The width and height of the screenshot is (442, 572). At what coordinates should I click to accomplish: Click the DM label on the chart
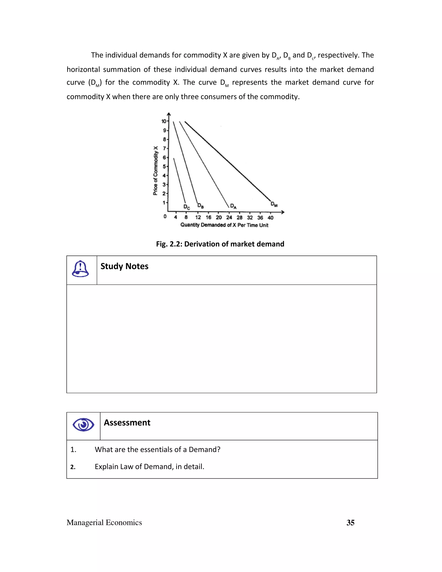[274, 204]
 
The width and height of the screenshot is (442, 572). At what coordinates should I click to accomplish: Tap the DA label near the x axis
[233, 206]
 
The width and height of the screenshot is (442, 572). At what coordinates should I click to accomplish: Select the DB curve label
[200, 206]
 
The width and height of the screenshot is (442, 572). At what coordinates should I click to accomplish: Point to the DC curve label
[187, 207]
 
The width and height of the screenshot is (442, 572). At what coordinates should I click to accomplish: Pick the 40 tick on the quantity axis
[270, 218]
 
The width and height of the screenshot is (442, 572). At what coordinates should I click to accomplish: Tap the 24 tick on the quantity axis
[229, 218]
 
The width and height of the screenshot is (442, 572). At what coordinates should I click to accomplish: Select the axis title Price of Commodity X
[156, 171]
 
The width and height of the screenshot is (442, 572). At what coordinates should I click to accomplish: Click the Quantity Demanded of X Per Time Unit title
[224, 225]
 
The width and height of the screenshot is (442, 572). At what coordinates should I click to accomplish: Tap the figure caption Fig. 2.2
[220, 244]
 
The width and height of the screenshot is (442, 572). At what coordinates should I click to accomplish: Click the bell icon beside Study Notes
[80, 269]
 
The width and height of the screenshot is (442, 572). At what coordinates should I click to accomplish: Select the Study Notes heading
[124, 266]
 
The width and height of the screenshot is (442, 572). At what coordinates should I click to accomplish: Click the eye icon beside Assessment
[83, 425]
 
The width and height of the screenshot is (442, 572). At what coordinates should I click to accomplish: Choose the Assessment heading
[127, 423]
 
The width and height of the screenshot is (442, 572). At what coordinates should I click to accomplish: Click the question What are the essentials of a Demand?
[157, 450]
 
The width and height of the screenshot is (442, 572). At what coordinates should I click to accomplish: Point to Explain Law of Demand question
[149, 467]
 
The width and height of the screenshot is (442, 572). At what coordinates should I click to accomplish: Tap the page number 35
[350, 523]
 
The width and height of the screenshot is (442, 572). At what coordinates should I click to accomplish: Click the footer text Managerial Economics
[104, 523]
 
